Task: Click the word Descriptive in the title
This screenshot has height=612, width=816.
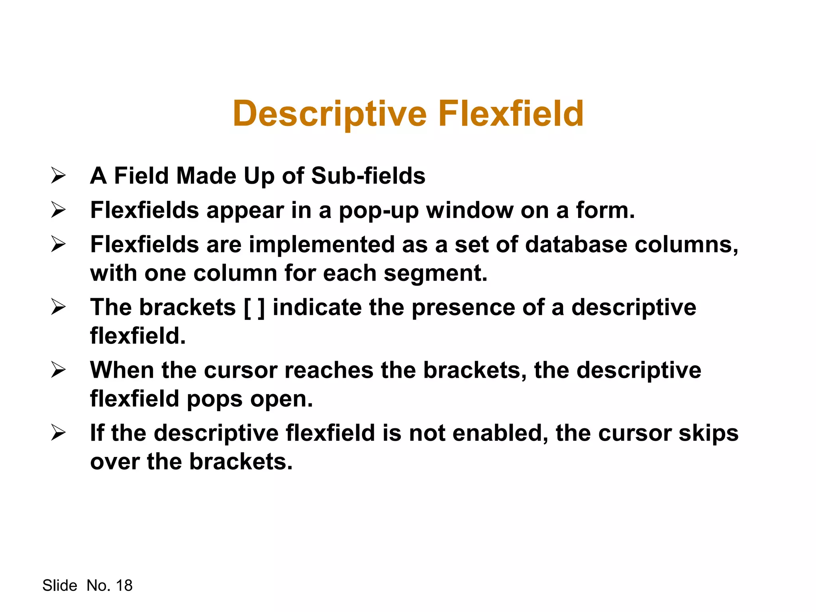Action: (x=330, y=114)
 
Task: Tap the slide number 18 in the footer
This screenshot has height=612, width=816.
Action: (x=124, y=585)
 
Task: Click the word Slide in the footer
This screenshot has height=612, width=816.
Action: (x=60, y=585)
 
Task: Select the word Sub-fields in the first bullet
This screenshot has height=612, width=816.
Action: (x=368, y=176)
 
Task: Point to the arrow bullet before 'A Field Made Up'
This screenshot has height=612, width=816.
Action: (x=58, y=176)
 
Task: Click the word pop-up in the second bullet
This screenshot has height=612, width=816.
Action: (x=379, y=211)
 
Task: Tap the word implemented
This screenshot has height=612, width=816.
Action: (x=322, y=244)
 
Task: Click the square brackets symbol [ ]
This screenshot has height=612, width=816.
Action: (x=254, y=308)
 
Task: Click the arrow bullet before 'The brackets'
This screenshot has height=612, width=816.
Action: (x=58, y=307)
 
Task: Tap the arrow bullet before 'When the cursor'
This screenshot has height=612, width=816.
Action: (x=58, y=370)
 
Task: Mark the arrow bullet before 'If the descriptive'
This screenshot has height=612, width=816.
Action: (x=58, y=433)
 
